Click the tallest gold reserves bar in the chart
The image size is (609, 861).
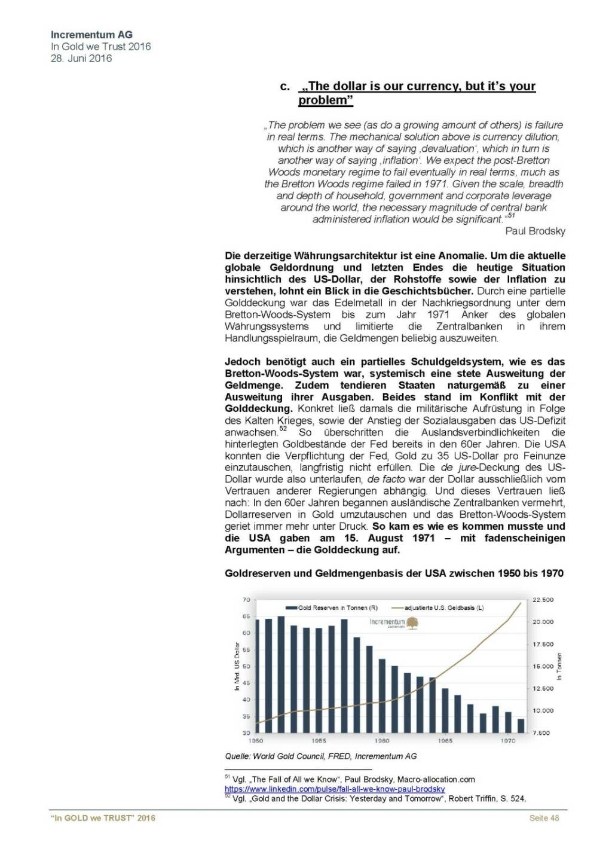coord(281,674)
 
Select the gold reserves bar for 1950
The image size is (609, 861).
coord(258,676)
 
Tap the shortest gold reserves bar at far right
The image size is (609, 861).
coord(521,725)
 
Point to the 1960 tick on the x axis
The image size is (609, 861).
coord(382,741)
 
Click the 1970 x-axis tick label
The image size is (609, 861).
coord(508,741)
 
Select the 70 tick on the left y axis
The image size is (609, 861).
coord(246,600)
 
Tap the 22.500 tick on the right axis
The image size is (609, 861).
coord(543,600)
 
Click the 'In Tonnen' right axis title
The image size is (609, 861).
coord(559,666)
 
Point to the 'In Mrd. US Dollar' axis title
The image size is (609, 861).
coord(237,666)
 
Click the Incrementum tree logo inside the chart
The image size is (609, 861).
coord(412,623)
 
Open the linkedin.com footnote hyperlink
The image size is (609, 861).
coord(335,789)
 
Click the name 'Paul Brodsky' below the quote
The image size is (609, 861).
coord(535,231)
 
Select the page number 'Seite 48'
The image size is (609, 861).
coord(544,818)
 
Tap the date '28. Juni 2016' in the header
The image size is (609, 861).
coord(81,59)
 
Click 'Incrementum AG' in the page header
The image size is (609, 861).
coord(91,35)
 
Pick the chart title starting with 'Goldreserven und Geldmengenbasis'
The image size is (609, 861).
coord(394,573)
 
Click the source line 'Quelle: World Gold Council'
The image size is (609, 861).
coord(321,756)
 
